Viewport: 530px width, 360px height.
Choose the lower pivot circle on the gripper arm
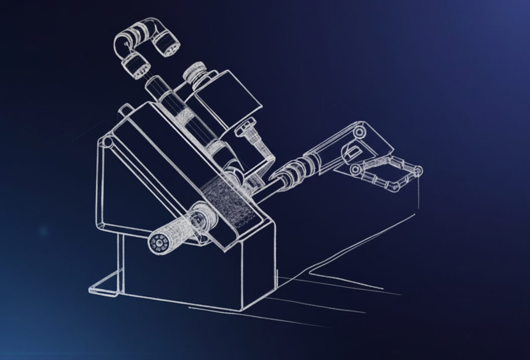355,170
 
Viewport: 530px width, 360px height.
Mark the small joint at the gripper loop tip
416,171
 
